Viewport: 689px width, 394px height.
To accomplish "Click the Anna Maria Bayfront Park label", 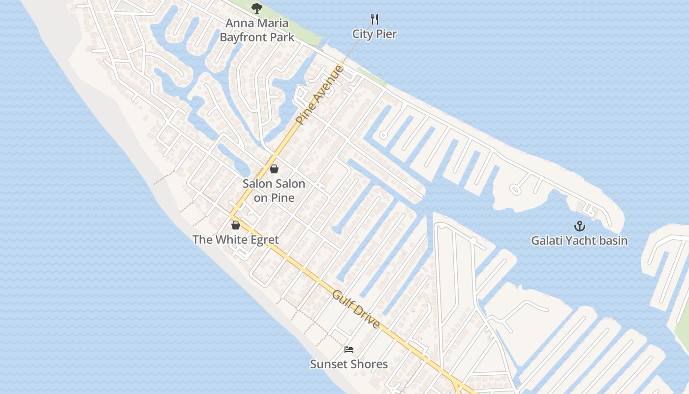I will [257, 30].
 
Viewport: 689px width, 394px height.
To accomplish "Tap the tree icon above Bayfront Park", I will [256, 8].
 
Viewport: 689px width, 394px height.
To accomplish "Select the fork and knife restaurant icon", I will [375, 19].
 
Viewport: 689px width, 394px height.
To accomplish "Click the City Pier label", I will [375, 34].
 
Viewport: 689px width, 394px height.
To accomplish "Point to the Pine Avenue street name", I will [320, 95].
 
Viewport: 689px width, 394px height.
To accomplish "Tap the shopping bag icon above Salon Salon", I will [274, 169].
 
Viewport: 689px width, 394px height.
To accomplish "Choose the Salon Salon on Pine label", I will [274, 191].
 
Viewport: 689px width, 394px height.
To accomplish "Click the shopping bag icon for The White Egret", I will [236, 225].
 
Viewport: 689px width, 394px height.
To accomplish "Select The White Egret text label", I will [236, 240].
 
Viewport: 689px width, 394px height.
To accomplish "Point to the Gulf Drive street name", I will [356, 309].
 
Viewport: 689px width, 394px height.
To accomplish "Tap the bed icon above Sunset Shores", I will [349, 350].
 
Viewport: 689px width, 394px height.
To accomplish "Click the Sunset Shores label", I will [349, 364].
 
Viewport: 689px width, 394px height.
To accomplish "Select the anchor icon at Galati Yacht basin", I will [580, 226].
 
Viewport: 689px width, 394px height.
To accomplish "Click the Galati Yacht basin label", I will [579, 241].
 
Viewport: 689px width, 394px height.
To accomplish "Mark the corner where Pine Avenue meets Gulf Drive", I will [232, 216].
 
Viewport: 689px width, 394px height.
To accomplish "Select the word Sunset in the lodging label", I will [329, 364].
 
